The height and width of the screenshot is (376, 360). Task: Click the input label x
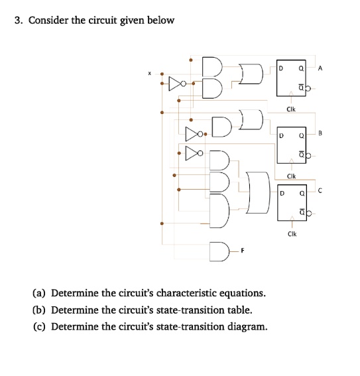pyautogui.click(x=149, y=74)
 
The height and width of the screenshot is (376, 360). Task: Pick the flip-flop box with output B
pyautogui.click(x=292, y=144)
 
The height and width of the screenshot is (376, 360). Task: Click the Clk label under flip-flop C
pyautogui.click(x=292, y=234)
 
